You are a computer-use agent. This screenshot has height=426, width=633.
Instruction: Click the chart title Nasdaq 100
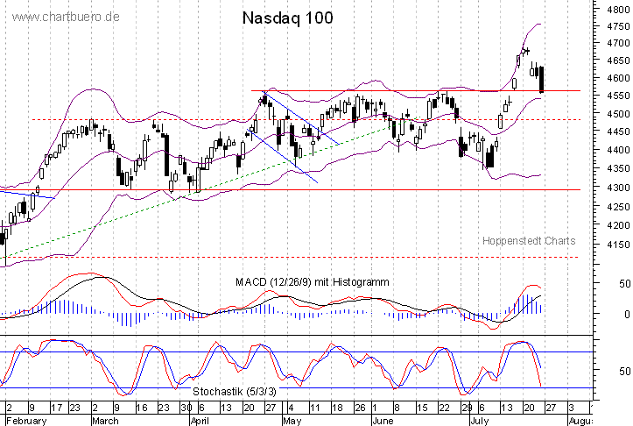[x=286, y=18]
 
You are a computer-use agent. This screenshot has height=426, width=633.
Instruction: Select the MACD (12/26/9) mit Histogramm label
[x=312, y=282]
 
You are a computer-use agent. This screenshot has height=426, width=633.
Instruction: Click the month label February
[x=25, y=420]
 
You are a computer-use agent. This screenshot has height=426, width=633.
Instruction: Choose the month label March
[x=105, y=420]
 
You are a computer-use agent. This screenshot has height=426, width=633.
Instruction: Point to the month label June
[x=383, y=420]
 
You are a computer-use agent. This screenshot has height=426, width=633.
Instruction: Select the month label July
[x=478, y=420]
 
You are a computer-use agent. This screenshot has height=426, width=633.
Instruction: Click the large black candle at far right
[x=543, y=79]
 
